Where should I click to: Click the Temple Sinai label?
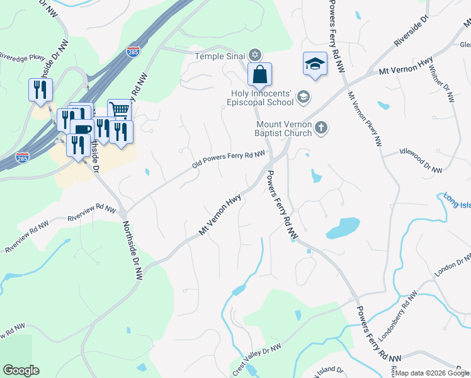point(220,56)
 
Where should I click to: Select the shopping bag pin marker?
point(259,75)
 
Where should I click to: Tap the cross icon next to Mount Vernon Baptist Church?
point(321,128)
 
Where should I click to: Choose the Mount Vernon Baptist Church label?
point(276,129)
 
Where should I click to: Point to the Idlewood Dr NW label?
point(421,160)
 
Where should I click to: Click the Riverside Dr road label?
point(411,31)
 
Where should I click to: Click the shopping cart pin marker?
point(119,110)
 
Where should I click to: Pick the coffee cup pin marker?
point(82,129)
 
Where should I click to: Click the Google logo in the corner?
point(21,370)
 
